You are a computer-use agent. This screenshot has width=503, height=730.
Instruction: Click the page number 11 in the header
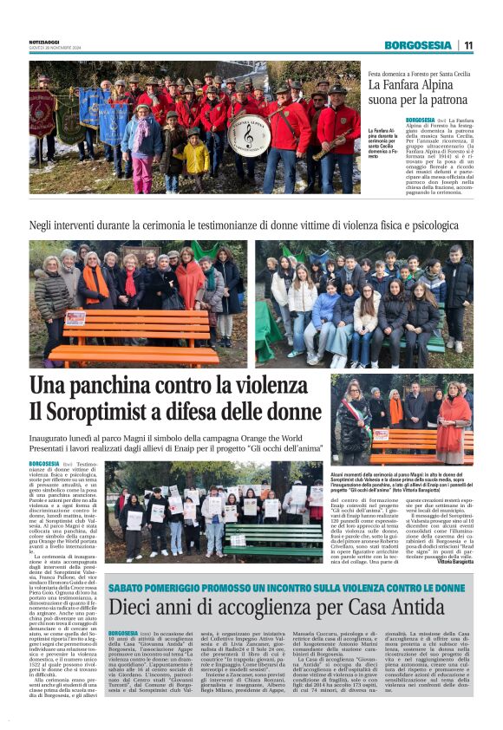[468, 45]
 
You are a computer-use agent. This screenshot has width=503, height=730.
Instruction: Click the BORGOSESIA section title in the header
[419, 45]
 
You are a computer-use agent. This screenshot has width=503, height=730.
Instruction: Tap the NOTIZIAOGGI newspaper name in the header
[46, 41]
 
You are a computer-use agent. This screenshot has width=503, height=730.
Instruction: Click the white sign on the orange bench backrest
[75, 318]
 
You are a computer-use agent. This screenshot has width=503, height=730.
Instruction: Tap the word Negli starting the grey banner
[42, 225]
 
